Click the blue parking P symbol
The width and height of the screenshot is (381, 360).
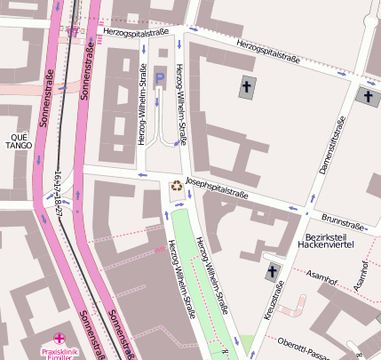coord(160,79)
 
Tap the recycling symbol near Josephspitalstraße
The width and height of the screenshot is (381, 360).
coord(177,187)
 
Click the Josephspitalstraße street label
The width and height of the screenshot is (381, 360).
coord(218,188)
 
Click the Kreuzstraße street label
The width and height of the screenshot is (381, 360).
coord(280,300)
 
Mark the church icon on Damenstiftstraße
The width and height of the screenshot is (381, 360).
coord(366,96)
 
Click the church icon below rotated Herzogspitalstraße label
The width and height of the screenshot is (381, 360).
coord(246,87)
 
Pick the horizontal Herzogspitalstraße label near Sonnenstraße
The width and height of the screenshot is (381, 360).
coord(136,32)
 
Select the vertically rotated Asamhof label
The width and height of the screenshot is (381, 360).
coord(361,276)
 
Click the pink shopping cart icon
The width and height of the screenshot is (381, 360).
coord(71,30)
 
